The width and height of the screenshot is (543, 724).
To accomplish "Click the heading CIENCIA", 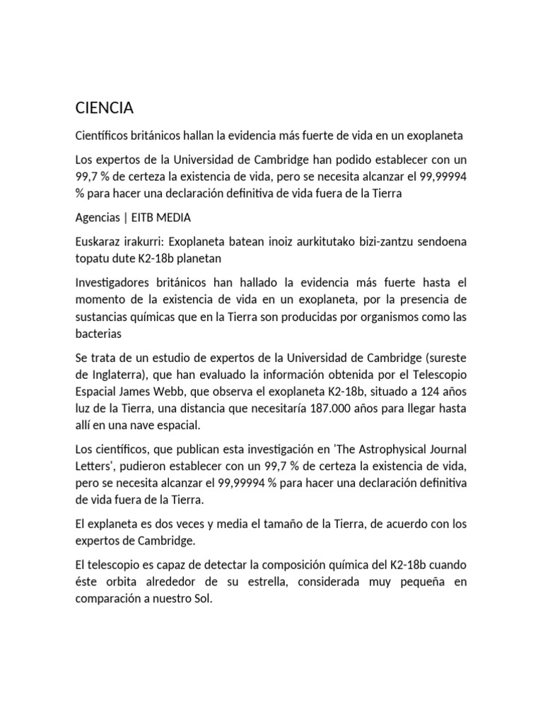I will pyautogui.click(x=105, y=108).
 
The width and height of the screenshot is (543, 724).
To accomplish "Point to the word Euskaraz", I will pyautogui.click(x=101, y=243).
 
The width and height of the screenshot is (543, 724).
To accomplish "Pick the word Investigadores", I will pyautogui.click(x=118, y=283).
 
